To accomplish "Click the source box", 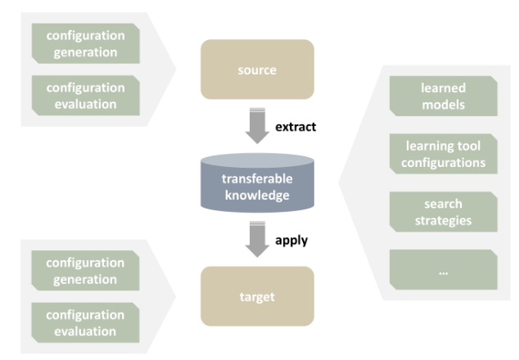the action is [257, 70].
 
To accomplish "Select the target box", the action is [257, 296].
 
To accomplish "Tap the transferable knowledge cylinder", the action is [257, 182].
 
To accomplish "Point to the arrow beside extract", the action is [257, 126].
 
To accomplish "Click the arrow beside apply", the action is [257, 239].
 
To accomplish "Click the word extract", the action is [296, 127].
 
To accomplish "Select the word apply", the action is [291, 241].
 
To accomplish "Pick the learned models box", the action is [443, 96].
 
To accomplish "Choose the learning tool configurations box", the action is [443, 154].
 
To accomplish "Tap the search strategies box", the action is [443, 212].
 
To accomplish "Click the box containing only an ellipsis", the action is [443, 270].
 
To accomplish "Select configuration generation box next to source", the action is [85, 43].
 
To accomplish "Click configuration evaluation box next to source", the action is [85, 95].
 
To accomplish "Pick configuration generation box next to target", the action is [85, 270].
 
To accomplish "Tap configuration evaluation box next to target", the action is [85, 322].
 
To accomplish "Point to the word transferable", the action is [257, 178].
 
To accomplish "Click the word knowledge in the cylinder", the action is [257, 196].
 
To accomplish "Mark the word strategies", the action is [443, 220].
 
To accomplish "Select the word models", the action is [443, 105].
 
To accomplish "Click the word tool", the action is [469, 146].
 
